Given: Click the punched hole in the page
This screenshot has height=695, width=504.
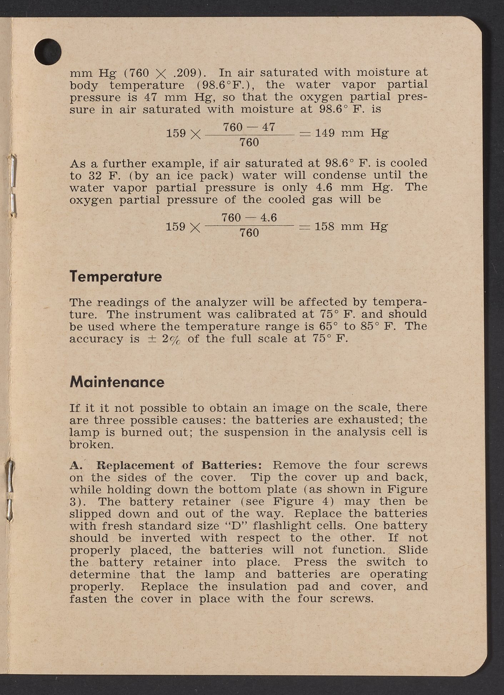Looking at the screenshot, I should click(x=48, y=52).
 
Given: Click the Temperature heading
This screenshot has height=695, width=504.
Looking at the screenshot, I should click(x=115, y=277).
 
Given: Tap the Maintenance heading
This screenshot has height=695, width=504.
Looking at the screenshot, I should click(x=117, y=382).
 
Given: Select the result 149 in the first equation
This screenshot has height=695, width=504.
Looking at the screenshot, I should click(x=325, y=134).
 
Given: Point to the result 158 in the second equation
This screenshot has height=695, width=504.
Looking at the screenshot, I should click(x=324, y=227).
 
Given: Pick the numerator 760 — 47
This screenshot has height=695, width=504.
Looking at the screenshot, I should click(x=249, y=127).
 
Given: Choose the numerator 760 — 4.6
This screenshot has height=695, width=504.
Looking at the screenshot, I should click(x=249, y=217).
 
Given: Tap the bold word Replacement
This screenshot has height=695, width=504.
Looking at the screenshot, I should click(x=135, y=465).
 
